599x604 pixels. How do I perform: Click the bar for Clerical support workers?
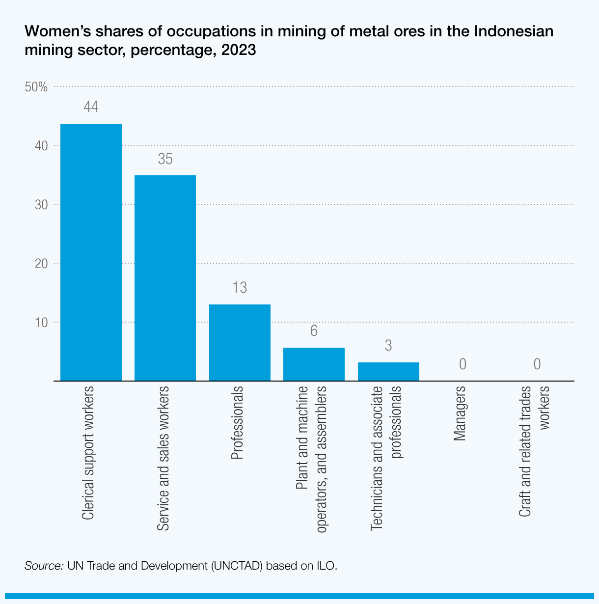click(91, 252)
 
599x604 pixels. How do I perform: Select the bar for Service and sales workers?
click(165, 278)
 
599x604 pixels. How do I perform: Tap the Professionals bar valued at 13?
click(240, 342)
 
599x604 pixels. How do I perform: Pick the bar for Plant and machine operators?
click(314, 364)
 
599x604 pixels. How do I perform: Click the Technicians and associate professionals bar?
click(388, 371)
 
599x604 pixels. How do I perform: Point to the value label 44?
click(91, 107)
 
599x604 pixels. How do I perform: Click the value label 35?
click(165, 159)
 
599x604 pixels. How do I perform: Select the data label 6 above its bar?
click(314, 331)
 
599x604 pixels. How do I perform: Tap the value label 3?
click(388, 346)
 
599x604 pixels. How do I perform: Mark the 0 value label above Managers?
click(463, 364)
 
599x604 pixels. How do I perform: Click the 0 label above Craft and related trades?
click(537, 364)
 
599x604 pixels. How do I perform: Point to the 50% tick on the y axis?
click(36, 87)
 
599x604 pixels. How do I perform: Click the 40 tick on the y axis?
click(41, 146)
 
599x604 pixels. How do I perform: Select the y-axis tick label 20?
click(41, 264)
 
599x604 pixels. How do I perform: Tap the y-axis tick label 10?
click(41, 323)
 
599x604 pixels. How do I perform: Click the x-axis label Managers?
click(460, 414)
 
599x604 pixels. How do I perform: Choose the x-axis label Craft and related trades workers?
click(534, 451)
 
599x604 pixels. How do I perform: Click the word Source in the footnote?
click(44, 565)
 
